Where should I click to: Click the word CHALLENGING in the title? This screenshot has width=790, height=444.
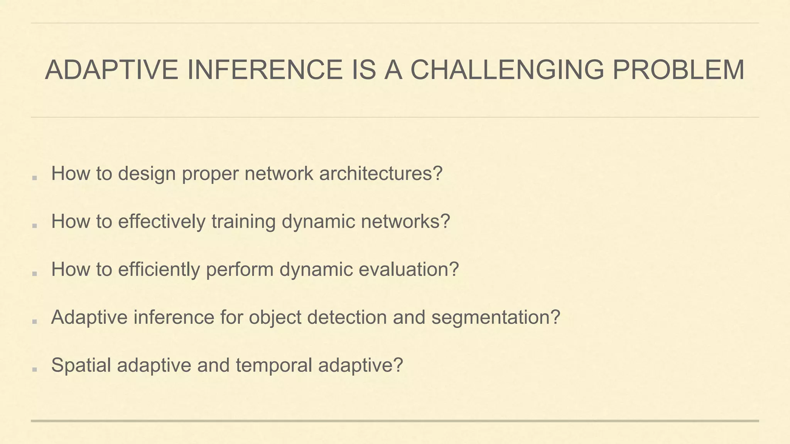(506, 70)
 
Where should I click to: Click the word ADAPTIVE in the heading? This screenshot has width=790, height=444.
(111, 70)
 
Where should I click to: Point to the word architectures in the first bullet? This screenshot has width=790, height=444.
(380, 173)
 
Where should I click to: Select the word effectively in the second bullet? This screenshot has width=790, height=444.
(162, 222)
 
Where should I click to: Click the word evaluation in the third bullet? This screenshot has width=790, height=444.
(409, 269)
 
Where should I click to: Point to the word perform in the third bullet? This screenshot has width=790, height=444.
(240, 270)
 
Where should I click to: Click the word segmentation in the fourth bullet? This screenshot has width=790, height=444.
(495, 318)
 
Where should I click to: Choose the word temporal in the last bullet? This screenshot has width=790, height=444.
(274, 366)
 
